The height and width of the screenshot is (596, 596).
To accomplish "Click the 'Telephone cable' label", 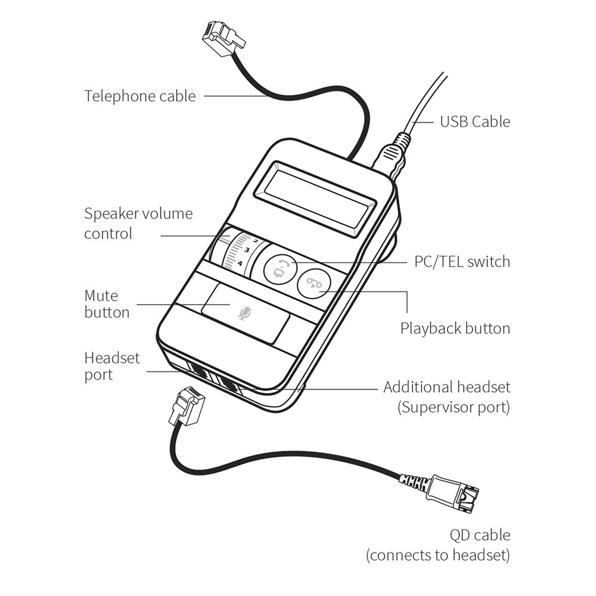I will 139,96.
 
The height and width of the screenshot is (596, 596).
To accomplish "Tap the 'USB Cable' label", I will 474,122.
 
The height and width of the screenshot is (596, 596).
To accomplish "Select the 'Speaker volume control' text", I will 138,223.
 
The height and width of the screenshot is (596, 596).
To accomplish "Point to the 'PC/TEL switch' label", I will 462,262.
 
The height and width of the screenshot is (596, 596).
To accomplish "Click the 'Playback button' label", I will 455,328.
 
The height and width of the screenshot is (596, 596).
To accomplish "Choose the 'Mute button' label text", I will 107,304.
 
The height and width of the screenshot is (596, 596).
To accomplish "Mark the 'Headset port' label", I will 112,367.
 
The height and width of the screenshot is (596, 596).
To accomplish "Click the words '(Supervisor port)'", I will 453,408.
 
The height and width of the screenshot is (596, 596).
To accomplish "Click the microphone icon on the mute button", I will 243,313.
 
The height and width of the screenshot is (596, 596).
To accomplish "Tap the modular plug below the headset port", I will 187,406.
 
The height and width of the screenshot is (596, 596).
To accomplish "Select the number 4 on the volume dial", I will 240,263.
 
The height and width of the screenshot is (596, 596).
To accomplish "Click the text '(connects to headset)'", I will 438,555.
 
